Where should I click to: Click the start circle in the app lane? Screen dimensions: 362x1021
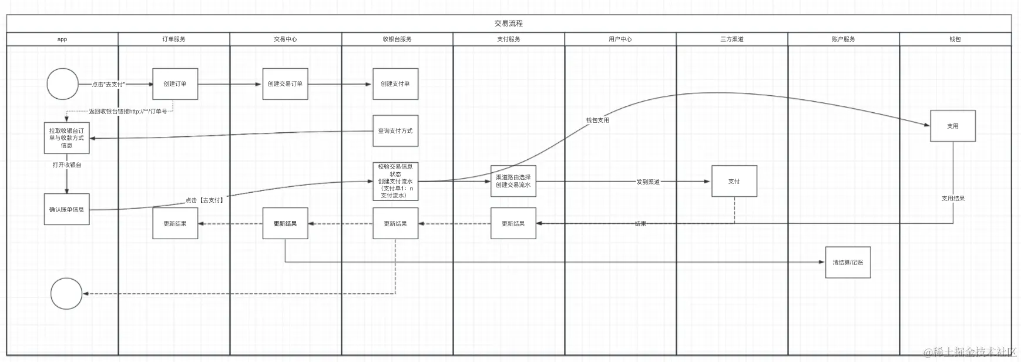pyautogui.click(x=62, y=84)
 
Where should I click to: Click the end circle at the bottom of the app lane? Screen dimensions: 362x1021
pyautogui.click(x=66, y=293)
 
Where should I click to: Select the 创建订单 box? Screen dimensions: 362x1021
pyautogui.click(x=175, y=84)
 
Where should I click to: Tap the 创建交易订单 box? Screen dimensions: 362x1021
pyautogui.click(x=285, y=84)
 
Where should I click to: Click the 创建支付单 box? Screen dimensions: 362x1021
pyautogui.click(x=395, y=84)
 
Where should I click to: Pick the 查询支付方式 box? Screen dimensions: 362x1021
pyautogui.click(x=395, y=131)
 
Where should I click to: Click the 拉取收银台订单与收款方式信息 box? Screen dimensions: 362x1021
pyautogui.click(x=67, y=138)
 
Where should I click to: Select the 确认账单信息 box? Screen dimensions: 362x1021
pyautogui.click(x=67, y=209)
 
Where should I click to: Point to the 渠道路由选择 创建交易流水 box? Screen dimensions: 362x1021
pyautogui.click(x=513, y=181)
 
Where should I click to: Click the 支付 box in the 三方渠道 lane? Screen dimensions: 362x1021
pyautogui.click(x=734, y=181)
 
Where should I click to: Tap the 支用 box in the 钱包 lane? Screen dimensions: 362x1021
pyautogui.click(x=952, y=126)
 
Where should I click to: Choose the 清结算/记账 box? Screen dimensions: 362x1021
pyautogui.click(x=848, y=262)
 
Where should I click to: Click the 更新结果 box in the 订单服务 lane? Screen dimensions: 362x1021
pyautogui.click(x=175, y=223)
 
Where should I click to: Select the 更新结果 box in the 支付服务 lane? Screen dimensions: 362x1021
pyautogui.click(x=513, y=223)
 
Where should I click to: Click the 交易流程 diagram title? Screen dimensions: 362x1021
pyautogui.click(x=509, y=24)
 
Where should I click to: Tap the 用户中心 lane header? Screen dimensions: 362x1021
pyautogui.click(x=620, y=39)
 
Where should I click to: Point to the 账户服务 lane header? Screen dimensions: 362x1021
pyautogui.click(x=844, y=39)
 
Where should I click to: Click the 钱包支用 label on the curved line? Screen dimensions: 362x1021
pyautogui.click(x=597, y=120)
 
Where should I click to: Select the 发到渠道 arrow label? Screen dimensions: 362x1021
pyautogui.click(x=648, y=182)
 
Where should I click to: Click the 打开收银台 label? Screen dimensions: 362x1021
pyautogui.click(x=67, y=165)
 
